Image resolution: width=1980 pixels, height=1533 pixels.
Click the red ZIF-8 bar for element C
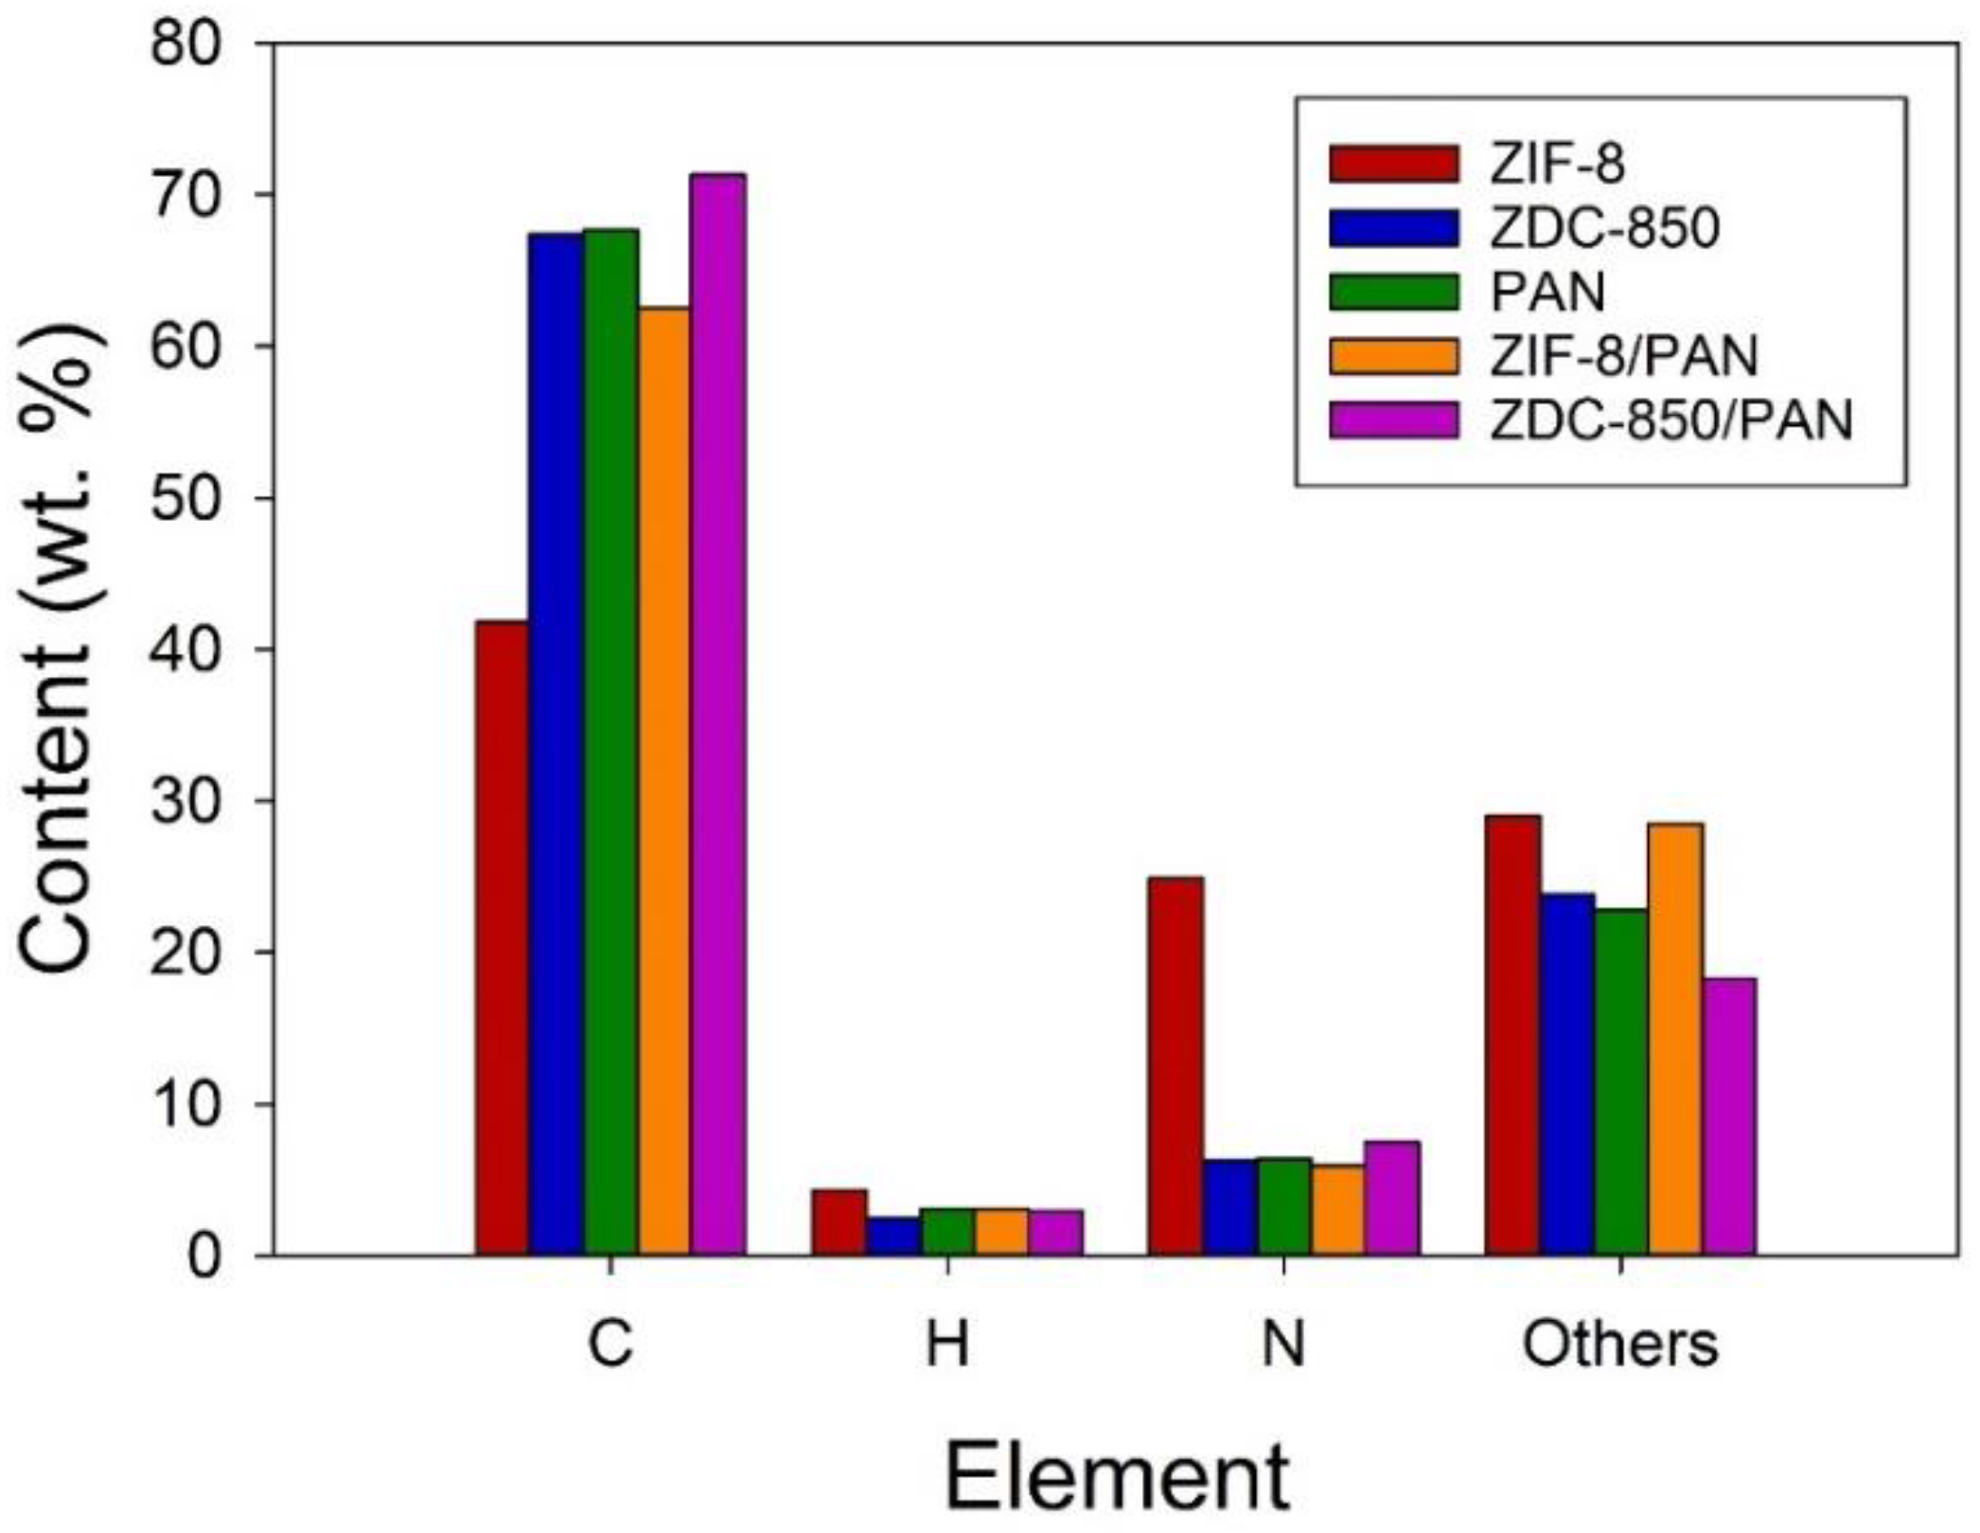point(503,937)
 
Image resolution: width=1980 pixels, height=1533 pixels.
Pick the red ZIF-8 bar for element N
point(1176,1065)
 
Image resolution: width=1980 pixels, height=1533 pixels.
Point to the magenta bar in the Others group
point(1728,1116)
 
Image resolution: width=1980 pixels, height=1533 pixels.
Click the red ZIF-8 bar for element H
point(840,1221)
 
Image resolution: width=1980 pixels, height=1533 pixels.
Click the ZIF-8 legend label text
point(1557,164)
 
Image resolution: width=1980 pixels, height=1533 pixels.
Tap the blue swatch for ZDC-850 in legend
point(1393,228)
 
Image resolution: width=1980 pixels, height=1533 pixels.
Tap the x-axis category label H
point(947,1345)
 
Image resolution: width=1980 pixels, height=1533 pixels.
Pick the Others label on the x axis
point(1619,1345)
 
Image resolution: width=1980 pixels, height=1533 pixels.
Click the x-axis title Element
point(1117,1478)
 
